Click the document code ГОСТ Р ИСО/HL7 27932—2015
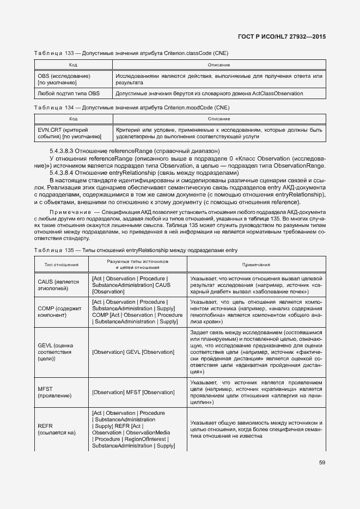click(x=282, y=37)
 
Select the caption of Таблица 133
click(x=131, y=53)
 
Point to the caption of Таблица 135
click(x=136, y=250)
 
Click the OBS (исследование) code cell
click(x=64, y=79)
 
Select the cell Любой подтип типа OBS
click(x=69, y=94)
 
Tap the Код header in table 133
click(x=73, y=65)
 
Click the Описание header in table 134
click(x=218, y=119)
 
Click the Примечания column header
click(x=256, y=265)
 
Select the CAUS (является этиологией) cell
click(x=59, y=285)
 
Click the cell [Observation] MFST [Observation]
click(x=133, y=392)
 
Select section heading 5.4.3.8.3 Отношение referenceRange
click(x=135, y=151)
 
